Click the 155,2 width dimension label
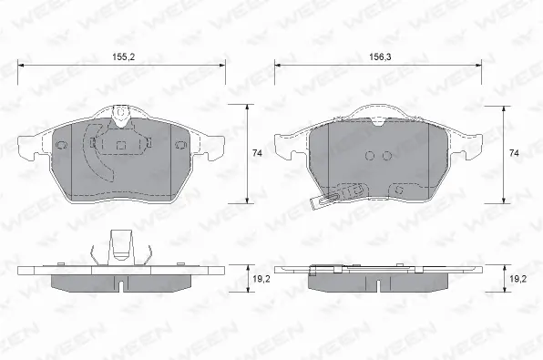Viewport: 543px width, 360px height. [123, 57]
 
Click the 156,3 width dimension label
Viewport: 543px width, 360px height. [380, 57]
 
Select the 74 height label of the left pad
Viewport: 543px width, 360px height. [257, 153]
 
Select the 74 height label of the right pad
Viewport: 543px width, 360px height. [514, 153]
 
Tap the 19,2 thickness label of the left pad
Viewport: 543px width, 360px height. [261, 279]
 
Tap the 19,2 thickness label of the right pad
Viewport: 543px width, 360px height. [517, 279]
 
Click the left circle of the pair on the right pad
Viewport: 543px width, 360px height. [370, 156]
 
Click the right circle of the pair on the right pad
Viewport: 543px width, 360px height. [387, 156]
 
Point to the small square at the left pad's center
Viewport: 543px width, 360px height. [120, 145]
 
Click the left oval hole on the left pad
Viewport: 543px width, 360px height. [61, 145]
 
